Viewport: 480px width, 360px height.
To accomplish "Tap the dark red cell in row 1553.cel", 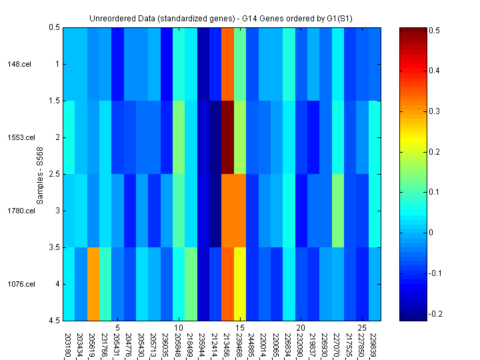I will (227, 137).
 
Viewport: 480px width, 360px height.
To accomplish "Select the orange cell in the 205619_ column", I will (93, 283).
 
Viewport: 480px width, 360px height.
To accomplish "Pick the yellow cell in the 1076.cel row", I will (240, 283).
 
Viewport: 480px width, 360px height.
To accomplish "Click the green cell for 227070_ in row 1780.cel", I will (338, 211).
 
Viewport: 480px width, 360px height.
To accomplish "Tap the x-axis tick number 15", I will (240, 328).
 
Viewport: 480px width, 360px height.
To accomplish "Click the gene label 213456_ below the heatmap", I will (227, 344).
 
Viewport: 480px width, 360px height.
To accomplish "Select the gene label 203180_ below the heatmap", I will (69, 344).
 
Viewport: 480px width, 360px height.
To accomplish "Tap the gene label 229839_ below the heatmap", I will (374, 344).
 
